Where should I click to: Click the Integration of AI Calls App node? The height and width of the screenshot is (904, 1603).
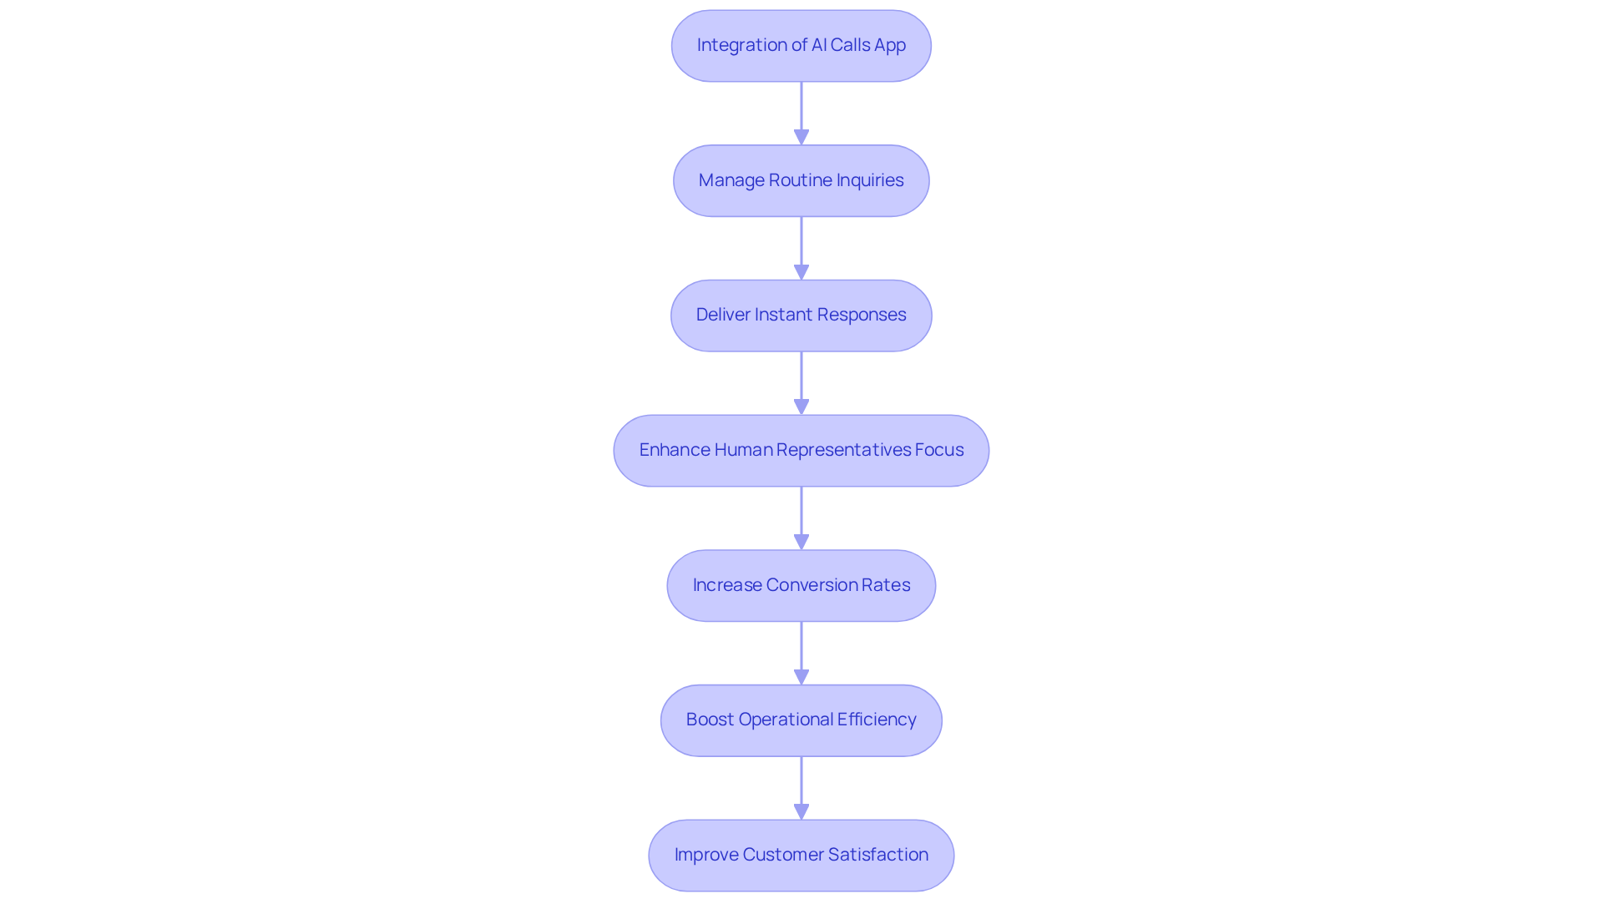point(801,46)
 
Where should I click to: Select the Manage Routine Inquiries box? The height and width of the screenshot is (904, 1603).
point(801,180)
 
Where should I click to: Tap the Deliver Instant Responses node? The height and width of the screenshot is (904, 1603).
point(801,316)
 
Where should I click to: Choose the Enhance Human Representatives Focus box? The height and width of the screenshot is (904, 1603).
point(801,451)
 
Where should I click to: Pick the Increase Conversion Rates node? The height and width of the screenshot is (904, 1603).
point(801,585)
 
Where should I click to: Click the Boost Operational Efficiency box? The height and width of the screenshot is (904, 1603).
point(801,720)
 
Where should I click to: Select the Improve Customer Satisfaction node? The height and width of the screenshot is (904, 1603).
point(801,855)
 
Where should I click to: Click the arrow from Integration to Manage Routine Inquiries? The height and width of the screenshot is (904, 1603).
point(801,113)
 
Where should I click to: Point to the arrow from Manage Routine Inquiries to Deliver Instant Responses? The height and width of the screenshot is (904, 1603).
point(801,248)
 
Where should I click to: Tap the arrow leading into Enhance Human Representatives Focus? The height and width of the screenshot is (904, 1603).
point(801,382)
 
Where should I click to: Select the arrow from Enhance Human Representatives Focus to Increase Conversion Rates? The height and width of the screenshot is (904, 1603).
point(801,518)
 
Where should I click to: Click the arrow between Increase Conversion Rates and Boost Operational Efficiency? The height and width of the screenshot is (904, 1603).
point(801,653)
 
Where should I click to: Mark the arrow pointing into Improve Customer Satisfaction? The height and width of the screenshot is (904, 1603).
point(801,787)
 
